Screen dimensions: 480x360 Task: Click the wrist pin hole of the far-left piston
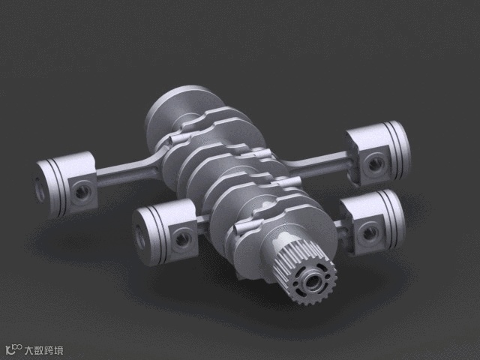83,192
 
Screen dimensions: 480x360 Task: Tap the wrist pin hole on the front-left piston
183,238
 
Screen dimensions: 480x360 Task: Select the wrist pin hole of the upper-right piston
376,165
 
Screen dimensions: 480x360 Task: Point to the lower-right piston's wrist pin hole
370,233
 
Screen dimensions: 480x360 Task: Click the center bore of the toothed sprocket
312,282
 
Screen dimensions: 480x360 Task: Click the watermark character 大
30,350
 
